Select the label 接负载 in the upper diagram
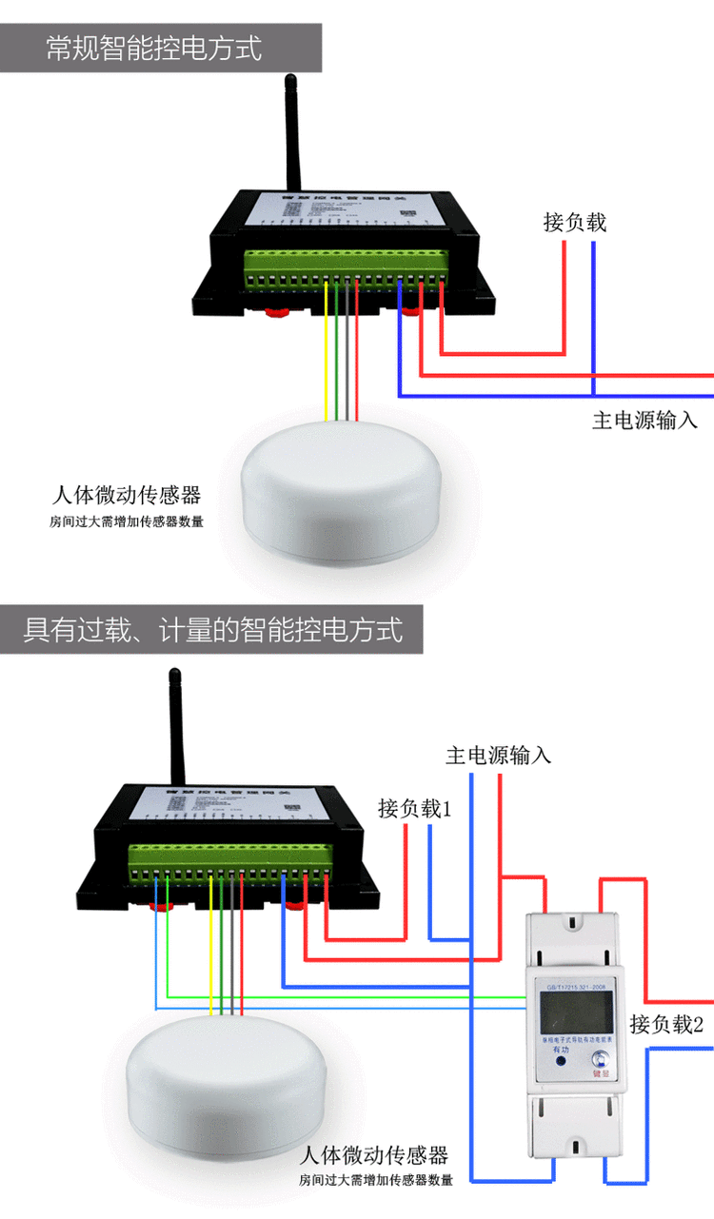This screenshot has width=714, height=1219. coord(575,223)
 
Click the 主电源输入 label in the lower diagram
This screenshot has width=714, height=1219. coord(498,756)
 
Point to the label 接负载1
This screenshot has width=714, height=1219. coord(414,809)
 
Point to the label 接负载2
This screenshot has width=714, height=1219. coord(666,1025)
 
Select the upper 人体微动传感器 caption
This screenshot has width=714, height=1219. coord(127,496)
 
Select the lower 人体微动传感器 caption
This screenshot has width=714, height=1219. coord(373,1156)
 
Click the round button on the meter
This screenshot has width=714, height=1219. coord(600,1059)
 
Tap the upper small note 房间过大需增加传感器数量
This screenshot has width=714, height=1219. coord(127,521)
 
